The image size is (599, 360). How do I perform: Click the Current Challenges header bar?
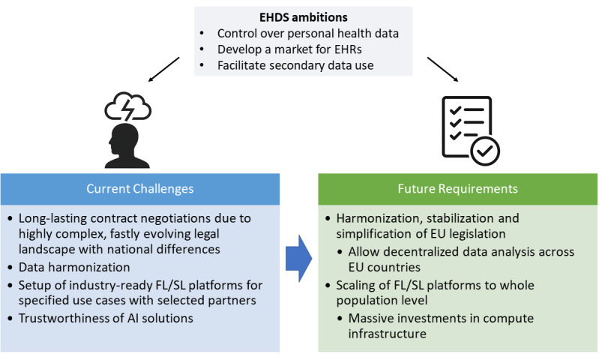(140, 189)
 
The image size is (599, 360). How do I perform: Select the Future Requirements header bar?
(457, 189)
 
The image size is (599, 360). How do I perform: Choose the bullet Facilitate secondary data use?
(295, 64)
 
